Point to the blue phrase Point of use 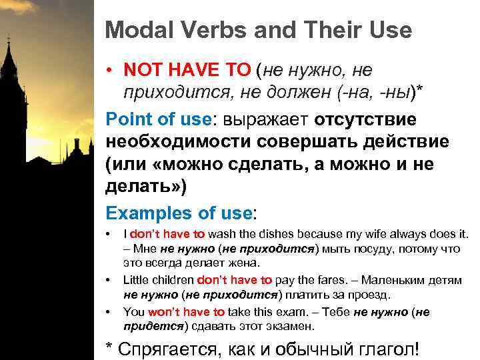[158, 120]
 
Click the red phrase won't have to [186, 312]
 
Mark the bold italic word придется [154, 326]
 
